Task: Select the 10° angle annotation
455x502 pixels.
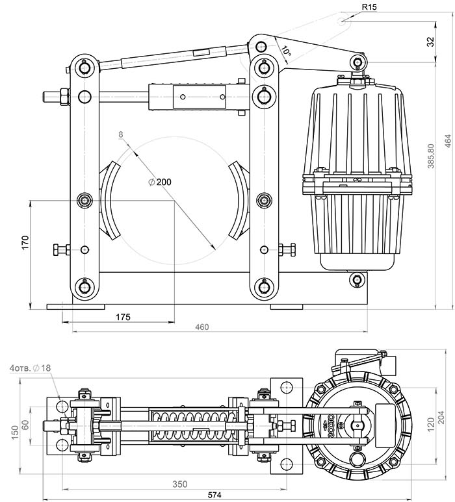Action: (285, 49)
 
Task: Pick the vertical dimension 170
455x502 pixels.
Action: (25, 243)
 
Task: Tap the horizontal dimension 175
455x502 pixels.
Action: (123, 317)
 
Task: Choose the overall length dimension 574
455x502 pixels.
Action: (214, 495)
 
